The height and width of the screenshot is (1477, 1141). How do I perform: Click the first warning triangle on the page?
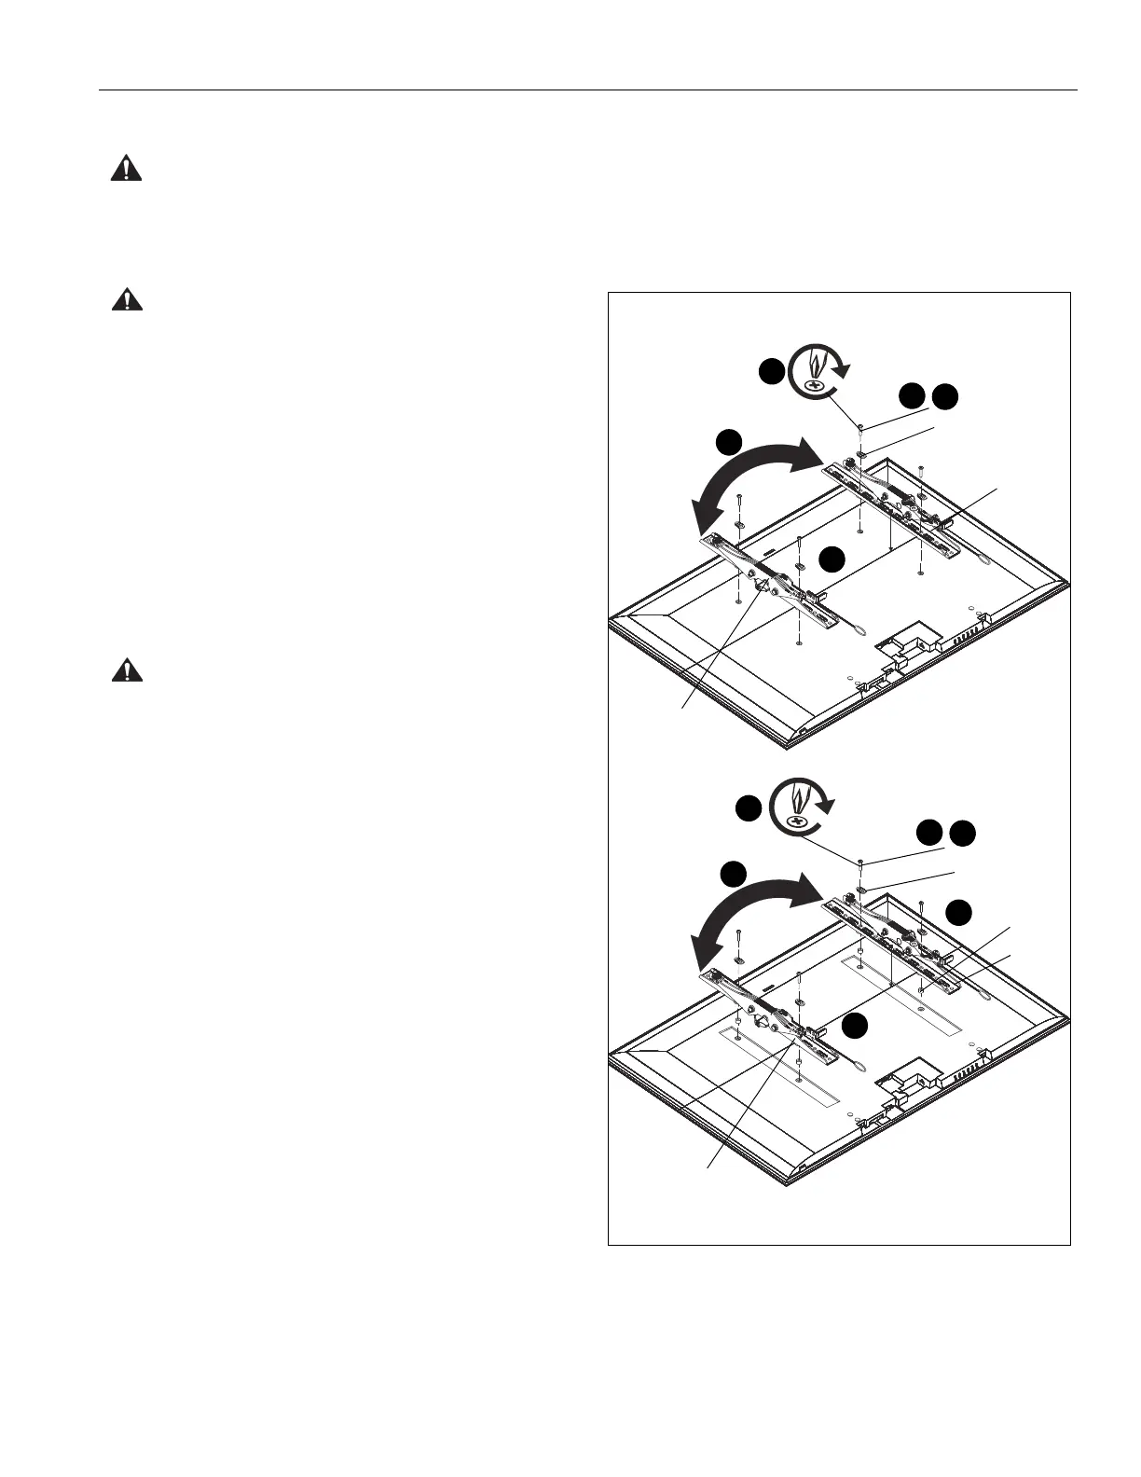click(126, 169)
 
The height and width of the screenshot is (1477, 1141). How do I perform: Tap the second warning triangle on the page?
click(126, 299)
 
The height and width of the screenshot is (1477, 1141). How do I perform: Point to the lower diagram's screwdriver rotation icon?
click(799, 808)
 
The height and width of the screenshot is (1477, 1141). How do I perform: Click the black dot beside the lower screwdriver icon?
click(749, 808)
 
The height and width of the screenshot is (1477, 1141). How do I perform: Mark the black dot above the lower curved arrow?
click(735, 874)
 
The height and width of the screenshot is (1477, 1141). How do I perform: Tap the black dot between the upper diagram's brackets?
click(832, 559)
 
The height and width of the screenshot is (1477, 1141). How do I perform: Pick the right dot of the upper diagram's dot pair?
click(947, 395)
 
